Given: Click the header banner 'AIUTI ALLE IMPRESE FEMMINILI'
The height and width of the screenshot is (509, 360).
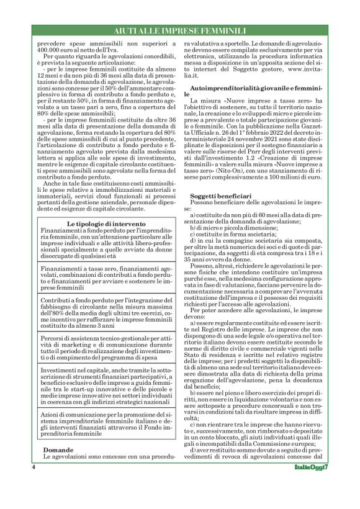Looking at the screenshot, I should click(180, 30).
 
